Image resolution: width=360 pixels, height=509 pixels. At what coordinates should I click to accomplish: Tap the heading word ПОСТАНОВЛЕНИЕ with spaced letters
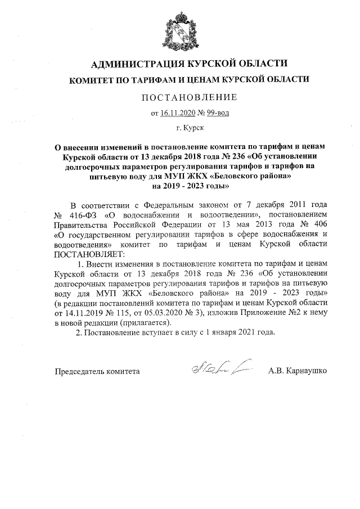point(180,97)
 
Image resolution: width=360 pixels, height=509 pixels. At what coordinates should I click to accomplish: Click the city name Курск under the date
point(184,129)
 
